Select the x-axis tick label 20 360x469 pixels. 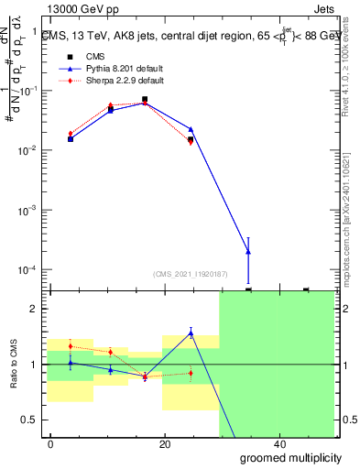tap(165, 443)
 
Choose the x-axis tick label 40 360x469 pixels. tap(279, 443)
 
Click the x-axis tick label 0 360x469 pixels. tap(50, 443)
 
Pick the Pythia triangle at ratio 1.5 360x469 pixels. tap(191, 333)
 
